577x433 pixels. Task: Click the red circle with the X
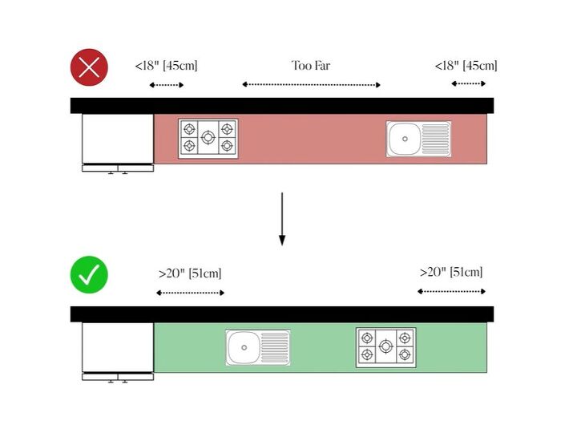coord(89,67)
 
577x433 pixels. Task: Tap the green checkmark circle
coord(89,275)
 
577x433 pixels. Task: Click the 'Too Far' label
coord(311,66)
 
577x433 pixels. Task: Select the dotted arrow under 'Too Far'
coord(311,85)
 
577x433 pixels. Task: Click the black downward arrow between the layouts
coord(282,219)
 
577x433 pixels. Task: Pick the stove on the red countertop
coord(208,139)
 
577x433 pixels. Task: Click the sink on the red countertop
coord(419,139)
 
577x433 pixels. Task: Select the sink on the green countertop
coord(258,347)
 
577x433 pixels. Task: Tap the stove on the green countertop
coord(386,347)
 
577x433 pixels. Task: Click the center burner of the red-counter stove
coord(208,138)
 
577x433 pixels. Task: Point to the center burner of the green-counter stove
coord(385,346)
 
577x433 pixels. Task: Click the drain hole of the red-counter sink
coord(405,139)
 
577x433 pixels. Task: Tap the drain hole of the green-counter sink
coord(244,347)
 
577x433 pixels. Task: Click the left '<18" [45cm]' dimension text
coord(167,66)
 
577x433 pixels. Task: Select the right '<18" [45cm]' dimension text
coord(466,66)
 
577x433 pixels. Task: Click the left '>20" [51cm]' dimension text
coord(190,273)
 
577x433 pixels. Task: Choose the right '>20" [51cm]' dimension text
coord(451,273)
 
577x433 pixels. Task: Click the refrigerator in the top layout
coord(118,144)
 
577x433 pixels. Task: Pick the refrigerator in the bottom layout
coord(118,352)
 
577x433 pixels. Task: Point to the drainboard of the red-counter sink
coord(436,139)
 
